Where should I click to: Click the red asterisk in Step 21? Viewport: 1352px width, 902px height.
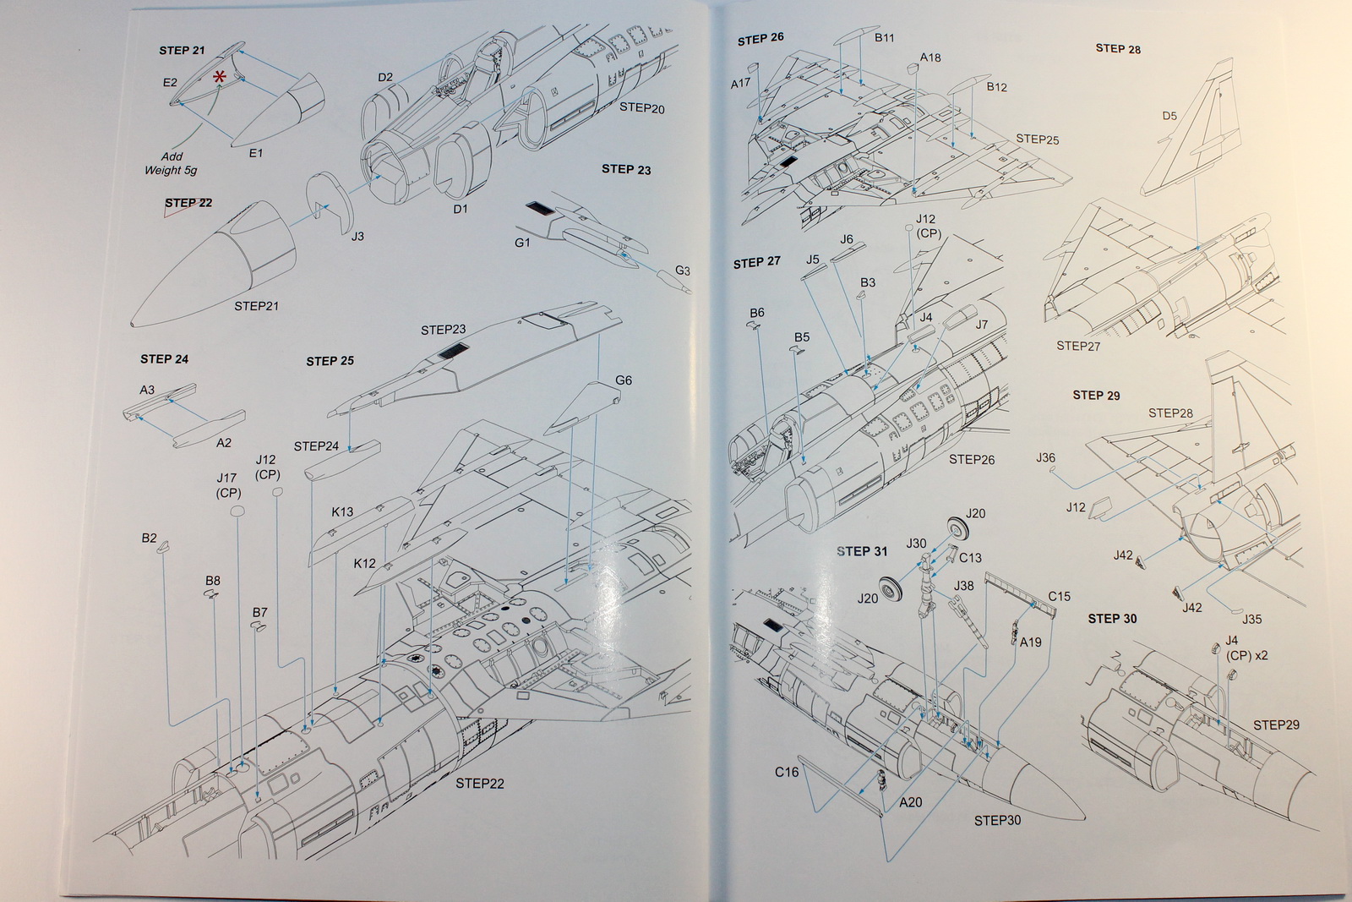[220, 77]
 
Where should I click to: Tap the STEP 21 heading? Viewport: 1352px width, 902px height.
[182, 51]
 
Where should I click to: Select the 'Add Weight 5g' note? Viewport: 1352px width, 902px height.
[171, 163]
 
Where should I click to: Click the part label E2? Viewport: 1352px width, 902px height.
[170, 82]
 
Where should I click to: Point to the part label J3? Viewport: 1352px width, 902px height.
[357, 237]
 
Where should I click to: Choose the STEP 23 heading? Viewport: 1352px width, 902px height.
[626, 169]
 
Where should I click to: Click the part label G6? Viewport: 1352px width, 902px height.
[624, 380]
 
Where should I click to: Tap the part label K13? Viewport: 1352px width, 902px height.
[342, 511]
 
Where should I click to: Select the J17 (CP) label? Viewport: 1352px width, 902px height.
[228, 485]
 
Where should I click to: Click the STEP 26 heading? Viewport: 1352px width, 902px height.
[760, 39]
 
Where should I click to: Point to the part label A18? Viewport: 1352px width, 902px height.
[930, 57]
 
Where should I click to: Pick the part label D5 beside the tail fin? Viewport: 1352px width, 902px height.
[1169, 116]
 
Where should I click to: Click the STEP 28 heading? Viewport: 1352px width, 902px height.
[1118, 49]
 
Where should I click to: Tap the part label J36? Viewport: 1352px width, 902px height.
[1045, 457]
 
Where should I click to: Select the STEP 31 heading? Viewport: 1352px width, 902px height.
[862, 551]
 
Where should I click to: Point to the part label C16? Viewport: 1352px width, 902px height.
[787, 772]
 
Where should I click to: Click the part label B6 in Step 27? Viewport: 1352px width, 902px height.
[757, 313]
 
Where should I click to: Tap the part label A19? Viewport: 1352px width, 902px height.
[1031, 642]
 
